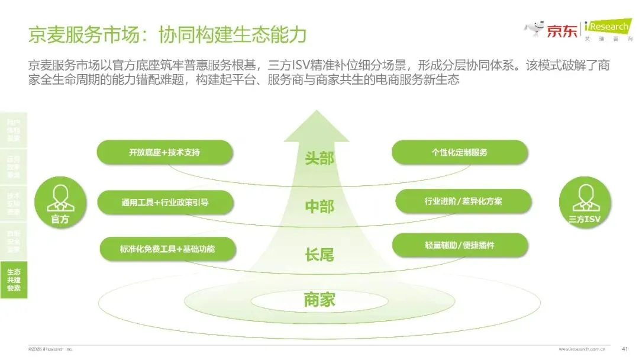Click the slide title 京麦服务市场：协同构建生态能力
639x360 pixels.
(167, 34)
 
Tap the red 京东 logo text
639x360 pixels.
(561, 31)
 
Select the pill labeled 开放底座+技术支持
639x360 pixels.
(164, 152)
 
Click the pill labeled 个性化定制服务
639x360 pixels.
(460, 152)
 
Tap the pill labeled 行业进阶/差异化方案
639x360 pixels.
(463, 201)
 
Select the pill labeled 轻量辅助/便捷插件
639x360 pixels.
(460, 245)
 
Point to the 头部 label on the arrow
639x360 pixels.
(319, 159)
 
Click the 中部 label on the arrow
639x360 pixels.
(319, 207)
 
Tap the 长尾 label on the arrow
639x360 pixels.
(319, 255)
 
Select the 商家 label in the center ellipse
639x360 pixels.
(319, 300)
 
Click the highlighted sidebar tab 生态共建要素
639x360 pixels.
(14, 279)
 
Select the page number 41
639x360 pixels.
(624, 348)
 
